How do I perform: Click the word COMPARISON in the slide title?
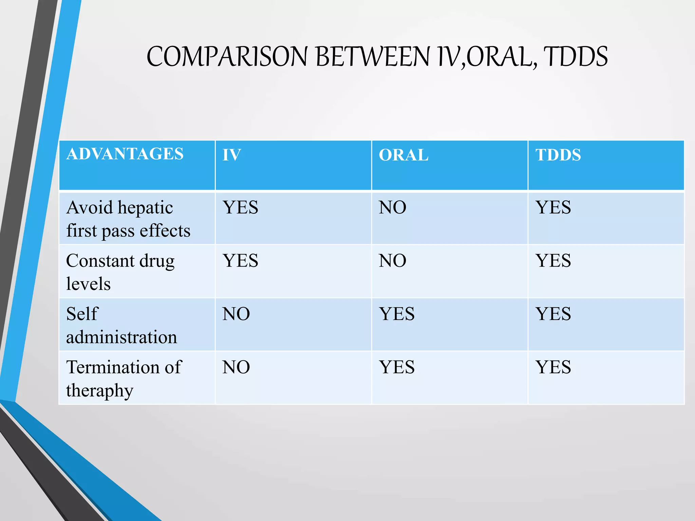[227, 57]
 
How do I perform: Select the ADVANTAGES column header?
[125, 154]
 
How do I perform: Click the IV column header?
[231, 155]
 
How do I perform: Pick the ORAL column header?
[403, 155]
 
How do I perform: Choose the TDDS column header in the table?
[558, 155]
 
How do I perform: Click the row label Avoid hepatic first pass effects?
[128, 219]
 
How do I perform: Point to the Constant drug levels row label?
[120, 272]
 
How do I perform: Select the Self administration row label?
[121, 325]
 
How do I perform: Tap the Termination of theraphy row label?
[124, 378]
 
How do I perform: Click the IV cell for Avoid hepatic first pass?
[240, 208]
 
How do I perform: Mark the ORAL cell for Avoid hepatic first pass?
[392, 208]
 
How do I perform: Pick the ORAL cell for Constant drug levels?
[392, 261]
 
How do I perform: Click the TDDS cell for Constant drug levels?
[553, 261]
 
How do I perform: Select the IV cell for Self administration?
[236, 314]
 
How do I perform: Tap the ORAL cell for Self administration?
[397, 314]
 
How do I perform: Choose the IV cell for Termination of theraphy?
[236, 367]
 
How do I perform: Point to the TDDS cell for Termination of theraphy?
[553, 367]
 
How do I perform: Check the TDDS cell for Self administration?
[553, 314]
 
